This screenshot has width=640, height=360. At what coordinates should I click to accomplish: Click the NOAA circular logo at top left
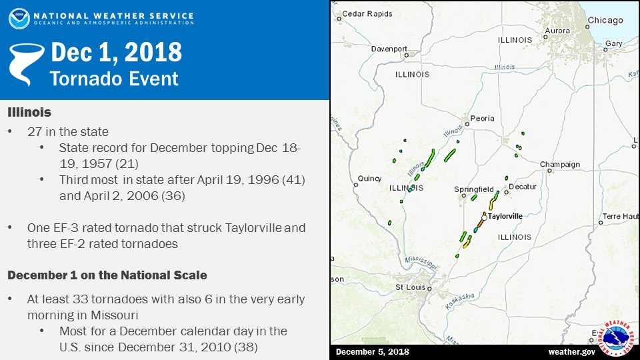click(x=19, y=19)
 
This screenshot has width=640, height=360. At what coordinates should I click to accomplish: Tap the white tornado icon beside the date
click(x=27, y=65)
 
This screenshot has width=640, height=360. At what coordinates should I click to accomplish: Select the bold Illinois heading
click(x=29, y=112)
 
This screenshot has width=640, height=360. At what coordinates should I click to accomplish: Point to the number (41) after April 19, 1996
click(x=293, y=179)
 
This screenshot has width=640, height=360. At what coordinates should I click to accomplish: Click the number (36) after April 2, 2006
click(x=173, y=196)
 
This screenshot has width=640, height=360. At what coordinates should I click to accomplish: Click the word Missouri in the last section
click(x=115, y=315)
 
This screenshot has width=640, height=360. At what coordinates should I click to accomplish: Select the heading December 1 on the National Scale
click(x=107, y=275)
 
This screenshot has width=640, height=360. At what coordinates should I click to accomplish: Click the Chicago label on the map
click(x=605, y=21)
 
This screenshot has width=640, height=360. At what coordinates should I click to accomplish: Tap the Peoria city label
click(x=482, y=119)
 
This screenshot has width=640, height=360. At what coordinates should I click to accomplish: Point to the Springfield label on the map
click(x=474, y=189)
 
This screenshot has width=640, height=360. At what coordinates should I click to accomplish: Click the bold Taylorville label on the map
click(x=505, y=216)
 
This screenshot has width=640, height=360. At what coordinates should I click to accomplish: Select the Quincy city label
click(x=369, y=179)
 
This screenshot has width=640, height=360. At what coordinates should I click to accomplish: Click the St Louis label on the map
click(x=410, y=287)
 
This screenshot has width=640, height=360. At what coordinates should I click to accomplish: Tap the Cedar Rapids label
click(x=367, y=13)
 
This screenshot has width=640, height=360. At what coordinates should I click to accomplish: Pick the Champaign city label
click(x=560, y=165)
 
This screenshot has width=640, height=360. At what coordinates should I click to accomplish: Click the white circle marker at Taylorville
click(x=484, y=217)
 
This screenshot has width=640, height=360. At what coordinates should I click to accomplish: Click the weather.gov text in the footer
click(x=571, y=352)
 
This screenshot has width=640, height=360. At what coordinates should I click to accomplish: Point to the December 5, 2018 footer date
click(x=372, y=352)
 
